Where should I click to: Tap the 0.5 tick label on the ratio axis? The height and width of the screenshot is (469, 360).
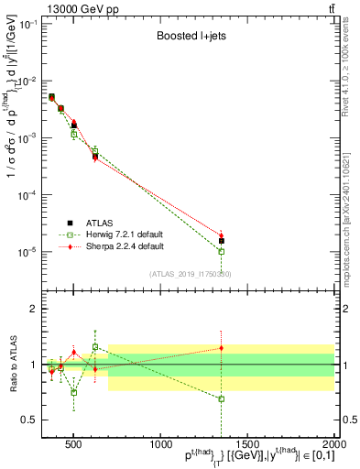click(30, 420)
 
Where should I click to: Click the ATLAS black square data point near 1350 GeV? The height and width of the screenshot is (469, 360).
click(221, 241)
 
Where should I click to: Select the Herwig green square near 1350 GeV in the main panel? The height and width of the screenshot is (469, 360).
click(221, 251)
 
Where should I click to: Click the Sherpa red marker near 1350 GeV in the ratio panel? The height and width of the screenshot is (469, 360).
click(221, 347)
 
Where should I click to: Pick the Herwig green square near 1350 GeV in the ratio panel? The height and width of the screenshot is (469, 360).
click(221, 398)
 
